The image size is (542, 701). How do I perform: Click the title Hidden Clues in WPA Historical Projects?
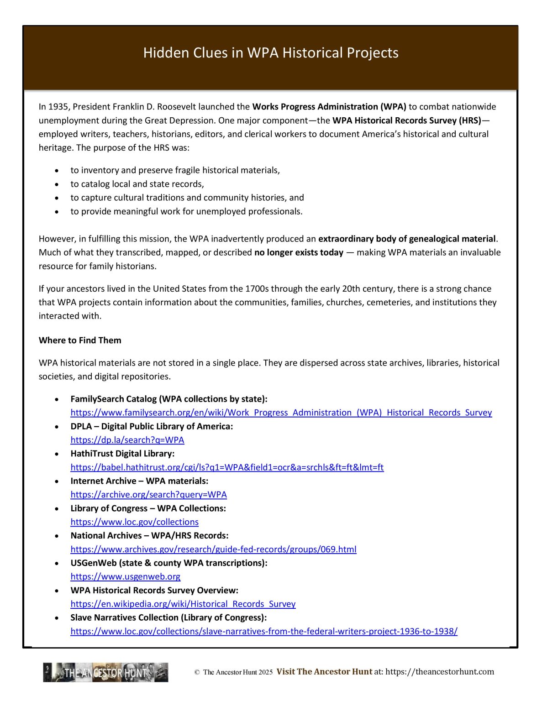click(271, 52)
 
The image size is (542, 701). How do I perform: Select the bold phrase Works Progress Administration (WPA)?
click(329, 107)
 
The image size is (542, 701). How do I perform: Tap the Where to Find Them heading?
click(80, 340)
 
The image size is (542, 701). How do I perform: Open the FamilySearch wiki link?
click(281, 413)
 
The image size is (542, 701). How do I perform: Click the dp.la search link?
click(127, 440)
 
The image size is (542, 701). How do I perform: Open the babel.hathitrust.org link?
click(227, 467)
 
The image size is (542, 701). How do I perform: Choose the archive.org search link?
click(148, 495)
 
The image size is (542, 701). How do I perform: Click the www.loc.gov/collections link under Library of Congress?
click(134, 522)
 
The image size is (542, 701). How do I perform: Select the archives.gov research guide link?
click(213, 549)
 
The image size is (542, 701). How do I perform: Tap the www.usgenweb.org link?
click(125, 577)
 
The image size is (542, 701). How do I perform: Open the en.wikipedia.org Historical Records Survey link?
click(183, 604)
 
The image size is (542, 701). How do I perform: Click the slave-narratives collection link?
click(263, 632)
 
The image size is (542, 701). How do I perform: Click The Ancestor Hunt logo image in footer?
click(105, 672)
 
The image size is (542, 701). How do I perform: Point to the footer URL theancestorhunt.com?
click(439, 672)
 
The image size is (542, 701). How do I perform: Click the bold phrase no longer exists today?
click(299, 252)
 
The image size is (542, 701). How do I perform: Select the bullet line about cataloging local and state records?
click(137, 184)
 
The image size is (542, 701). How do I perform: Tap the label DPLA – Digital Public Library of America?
click(152, 426)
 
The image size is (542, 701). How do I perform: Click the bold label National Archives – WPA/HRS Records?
click(149, 536)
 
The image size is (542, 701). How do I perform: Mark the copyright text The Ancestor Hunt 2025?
click(237, 672)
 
